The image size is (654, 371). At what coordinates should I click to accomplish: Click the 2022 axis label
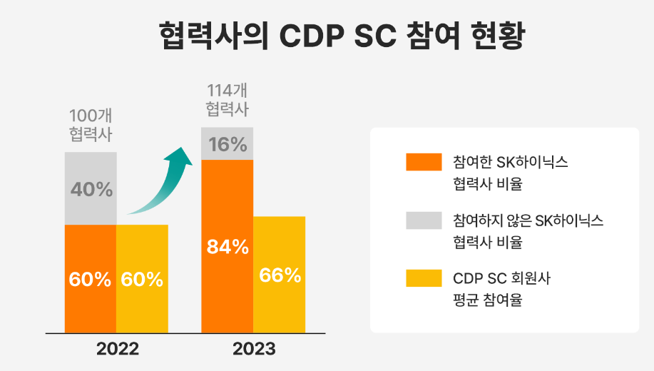[x=117, y=350]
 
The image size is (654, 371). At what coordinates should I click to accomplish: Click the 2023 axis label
[x=253, y=350]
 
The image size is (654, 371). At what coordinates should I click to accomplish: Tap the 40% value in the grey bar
[x=91, y=190]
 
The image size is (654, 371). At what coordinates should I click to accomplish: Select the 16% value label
[x=228, y=144]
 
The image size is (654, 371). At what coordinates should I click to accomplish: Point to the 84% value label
[x=228, y=247]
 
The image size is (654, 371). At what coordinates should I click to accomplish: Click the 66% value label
[x=280, y=275]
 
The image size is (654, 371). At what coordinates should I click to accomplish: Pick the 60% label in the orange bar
[x=91, y=280]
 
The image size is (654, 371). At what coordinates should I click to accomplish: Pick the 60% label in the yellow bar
[x=142, y=280]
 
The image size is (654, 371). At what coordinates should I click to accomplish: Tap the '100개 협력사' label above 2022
[x=91, y=124]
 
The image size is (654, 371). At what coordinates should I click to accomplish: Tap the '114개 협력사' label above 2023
[x=228, y=100]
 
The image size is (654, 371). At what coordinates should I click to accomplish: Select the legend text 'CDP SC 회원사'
[x=501, y=278]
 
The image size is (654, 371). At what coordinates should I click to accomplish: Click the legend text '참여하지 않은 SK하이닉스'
[x=528, y=220]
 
